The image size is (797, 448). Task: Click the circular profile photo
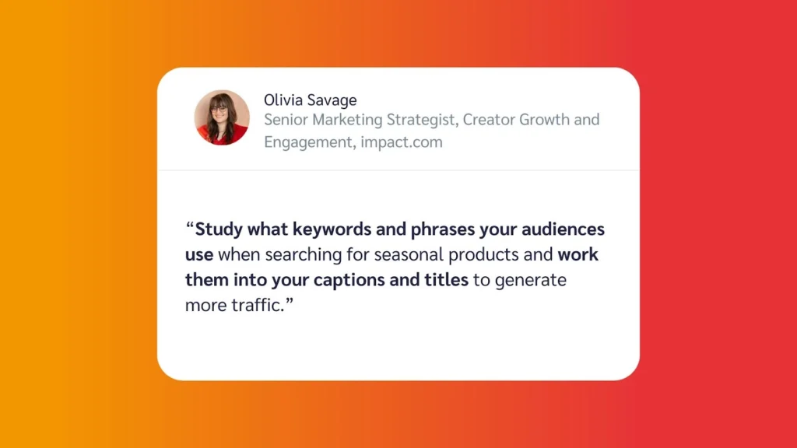pos(222,117)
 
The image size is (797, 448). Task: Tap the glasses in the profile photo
pos(219,109)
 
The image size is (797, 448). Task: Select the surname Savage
pos(332,100)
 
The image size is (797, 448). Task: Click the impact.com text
pos(402,142)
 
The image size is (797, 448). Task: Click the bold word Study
pos(219,229)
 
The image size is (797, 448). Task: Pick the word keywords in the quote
pos(332,229)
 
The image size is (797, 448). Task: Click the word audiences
pos(564,229)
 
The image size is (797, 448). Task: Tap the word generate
pos(531,281)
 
